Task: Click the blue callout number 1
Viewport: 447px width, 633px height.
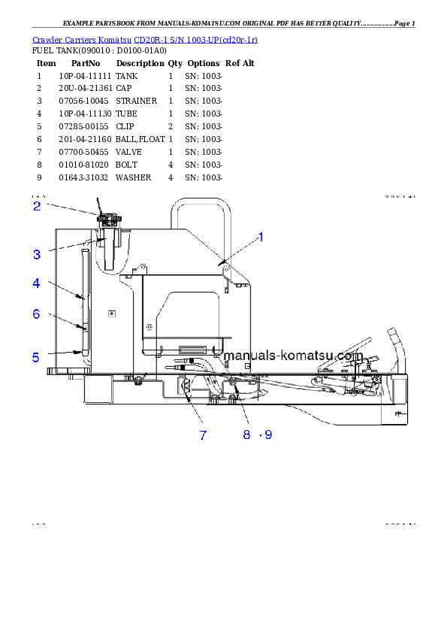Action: pos(261,238)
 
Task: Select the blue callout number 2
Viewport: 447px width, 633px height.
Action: pos(36,205)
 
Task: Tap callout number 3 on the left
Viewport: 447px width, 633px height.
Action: pos(36,255)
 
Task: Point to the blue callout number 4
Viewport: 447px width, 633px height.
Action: pos(36,283)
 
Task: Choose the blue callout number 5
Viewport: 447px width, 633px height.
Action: pos(36,358)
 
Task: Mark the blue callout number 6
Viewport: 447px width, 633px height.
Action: pos(36,314)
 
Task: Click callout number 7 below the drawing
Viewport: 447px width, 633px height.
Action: pos(203,435)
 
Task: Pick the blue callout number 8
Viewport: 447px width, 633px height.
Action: pos(246,435)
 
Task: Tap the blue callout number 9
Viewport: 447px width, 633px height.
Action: pos(269,435)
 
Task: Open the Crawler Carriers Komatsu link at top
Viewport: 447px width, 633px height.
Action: pos(145,39)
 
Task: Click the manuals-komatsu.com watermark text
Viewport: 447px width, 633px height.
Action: pos(294,356)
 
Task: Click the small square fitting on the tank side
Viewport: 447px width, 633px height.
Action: pos(112,313)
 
